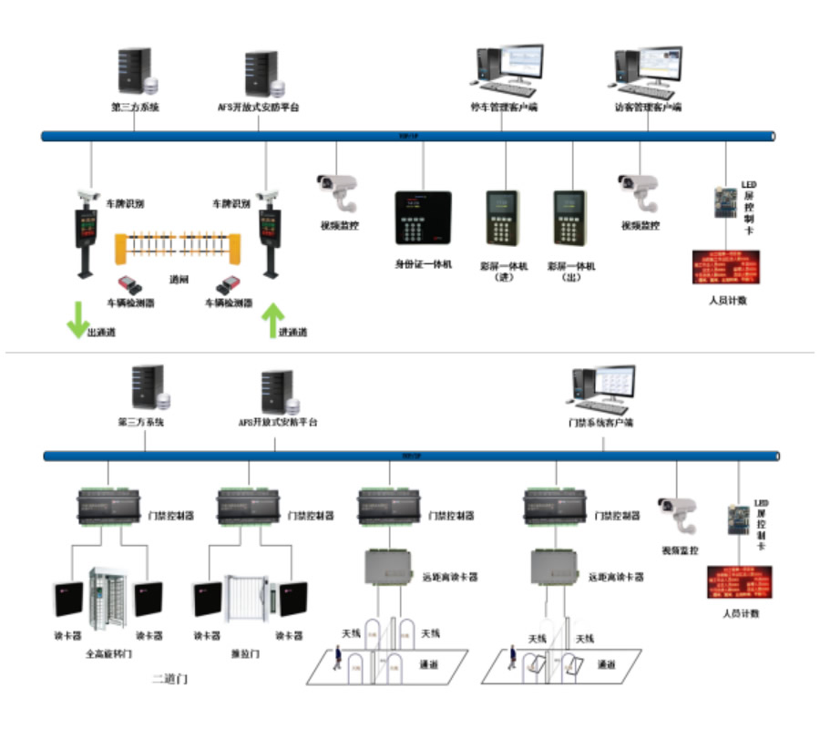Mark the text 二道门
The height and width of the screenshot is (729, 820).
(x=170, y=680)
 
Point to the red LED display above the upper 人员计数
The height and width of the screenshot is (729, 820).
(x=727, y=266)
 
